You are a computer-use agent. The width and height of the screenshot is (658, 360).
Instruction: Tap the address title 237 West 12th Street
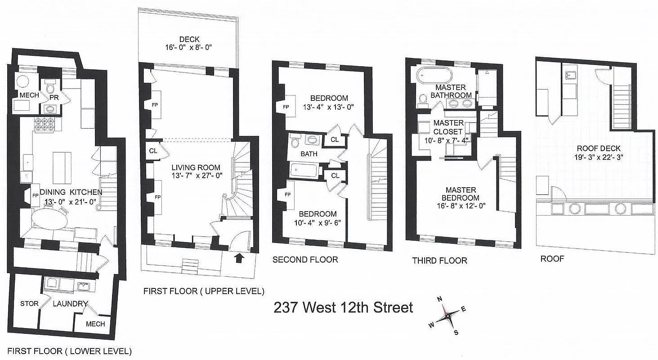pyautogui.click(x=343, y=308)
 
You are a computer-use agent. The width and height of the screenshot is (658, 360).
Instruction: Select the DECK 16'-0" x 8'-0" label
pyautogui.click(x=189, y=43)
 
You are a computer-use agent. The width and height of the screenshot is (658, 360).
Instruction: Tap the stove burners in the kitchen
pyautogui.click(x=45, y=124)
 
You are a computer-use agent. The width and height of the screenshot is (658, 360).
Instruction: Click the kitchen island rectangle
pyautogui.click(x=62, y=162)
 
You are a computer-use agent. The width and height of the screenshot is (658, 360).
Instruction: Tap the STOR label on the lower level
pyautogui.click(x=29, y=303)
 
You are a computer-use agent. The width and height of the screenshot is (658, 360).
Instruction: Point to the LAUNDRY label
pyautogui.click(x=70, y=304)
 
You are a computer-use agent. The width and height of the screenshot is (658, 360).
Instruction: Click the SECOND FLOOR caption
pyautogui.click(x=305, y=260)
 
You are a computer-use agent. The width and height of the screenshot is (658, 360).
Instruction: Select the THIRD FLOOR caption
pyautogui.click(x=439, y=261)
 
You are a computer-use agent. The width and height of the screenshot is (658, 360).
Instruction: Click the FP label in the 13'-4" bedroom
pyautogui.click(x=286, y=107)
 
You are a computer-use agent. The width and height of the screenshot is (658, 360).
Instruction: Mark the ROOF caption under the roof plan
pyautogui.click(x=552, y=259)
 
